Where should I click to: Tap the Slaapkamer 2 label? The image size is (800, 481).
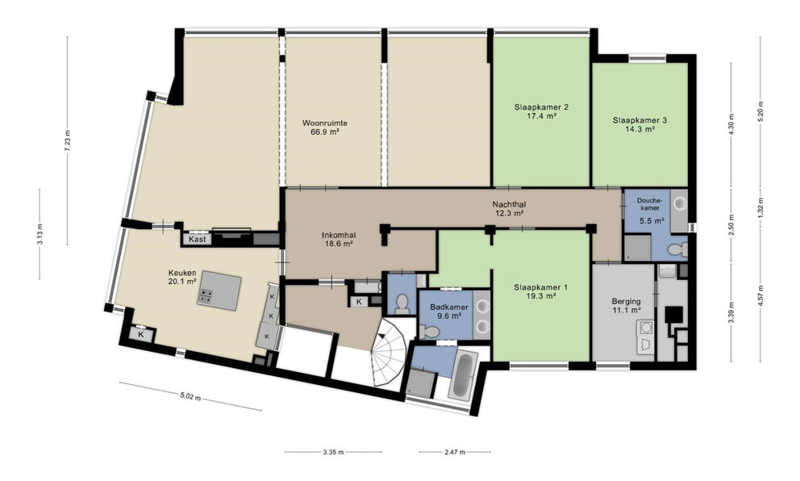click(541, 111)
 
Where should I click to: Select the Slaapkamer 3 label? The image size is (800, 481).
click(640, 125)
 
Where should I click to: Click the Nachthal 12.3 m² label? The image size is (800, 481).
click(510, 209)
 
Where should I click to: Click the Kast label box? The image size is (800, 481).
click(197, 240)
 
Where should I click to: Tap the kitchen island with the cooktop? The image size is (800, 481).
click(219, 291)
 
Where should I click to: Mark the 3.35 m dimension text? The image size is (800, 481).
click(333, 452)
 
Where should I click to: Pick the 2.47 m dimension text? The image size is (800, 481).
click(454, 452)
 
